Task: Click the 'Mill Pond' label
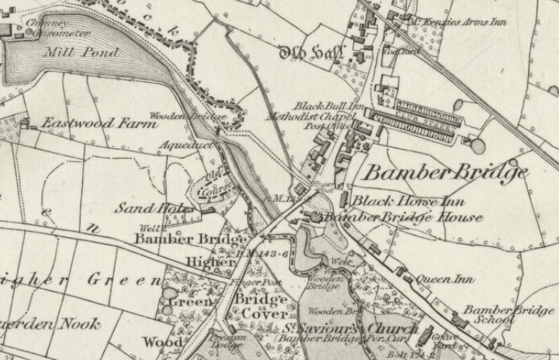click(x=81, y=53)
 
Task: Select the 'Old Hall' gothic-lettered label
click(x=311, y=53)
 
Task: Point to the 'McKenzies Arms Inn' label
click(x=459, y=22)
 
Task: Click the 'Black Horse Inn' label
click(x=409, y=202)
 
